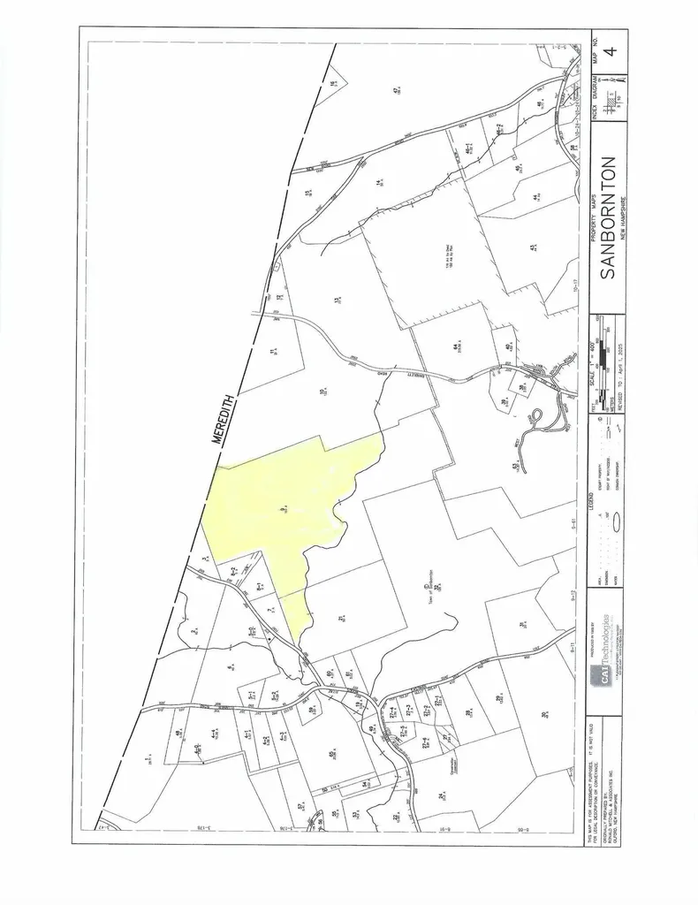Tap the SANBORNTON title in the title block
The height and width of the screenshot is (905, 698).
(608, 218)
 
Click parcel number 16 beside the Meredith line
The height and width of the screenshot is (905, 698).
(332, 84)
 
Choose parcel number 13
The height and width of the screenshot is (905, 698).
(337, 300)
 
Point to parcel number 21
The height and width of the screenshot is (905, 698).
(339, 620)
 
